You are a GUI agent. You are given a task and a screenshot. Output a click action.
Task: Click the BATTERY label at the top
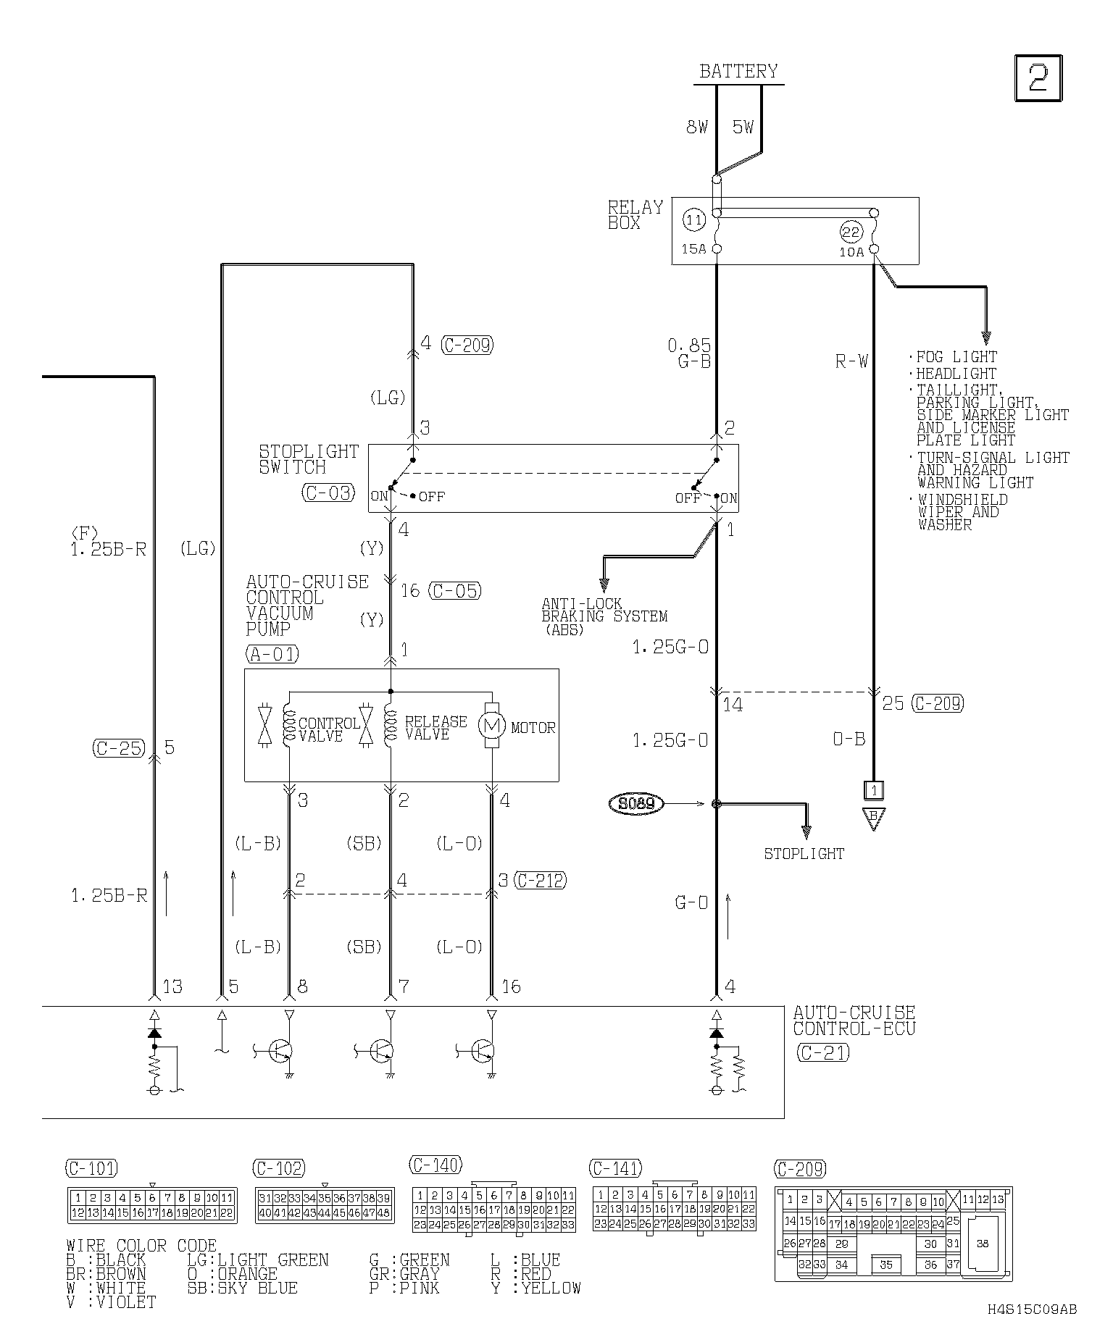click(738, 72)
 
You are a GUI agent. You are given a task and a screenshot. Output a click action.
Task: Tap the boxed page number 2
click(1038, 77)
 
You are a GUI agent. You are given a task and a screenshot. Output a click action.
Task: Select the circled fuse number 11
click(694, 219)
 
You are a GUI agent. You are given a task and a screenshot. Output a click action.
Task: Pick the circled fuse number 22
click(851, 232)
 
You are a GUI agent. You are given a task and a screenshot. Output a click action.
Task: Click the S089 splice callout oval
click(636, 804)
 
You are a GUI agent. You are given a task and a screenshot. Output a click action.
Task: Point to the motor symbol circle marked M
click(492, 726)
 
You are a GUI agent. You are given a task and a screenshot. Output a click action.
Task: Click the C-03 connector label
click(328, 493)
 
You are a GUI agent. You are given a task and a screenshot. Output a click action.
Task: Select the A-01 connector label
click(272, 654)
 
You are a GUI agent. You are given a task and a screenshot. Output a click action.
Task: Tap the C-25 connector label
click(119, 748)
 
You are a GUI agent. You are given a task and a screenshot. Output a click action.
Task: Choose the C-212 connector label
click(540, 881)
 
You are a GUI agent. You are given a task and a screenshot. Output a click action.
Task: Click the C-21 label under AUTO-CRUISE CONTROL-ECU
click(822, 1053)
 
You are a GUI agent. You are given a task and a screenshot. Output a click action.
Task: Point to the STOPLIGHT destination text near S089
click(804, 854)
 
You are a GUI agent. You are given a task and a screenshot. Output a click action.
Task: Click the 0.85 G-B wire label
click(691, 353)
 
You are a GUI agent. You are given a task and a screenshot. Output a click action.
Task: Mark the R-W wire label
click(851, 361)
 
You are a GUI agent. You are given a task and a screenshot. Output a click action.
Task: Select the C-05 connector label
click(455, 591)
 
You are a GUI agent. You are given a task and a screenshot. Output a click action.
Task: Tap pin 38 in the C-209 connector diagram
click(983, 1244)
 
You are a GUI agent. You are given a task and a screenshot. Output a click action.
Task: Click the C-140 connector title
click(435, 1165)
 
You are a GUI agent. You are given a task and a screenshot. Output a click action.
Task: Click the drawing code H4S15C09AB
click(1032, 1309)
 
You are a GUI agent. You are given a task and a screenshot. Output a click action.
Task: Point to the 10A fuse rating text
click(852, 253)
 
